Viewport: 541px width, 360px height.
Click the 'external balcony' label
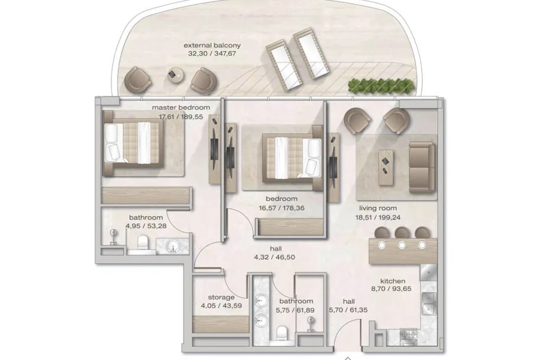[x=212, y=45]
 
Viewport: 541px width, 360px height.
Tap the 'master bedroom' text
[x=181, y=107]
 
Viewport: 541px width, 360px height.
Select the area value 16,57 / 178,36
[x=282, y=208]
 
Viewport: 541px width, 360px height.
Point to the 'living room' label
[x=378, y=208]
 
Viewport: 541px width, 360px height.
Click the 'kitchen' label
[x=393, y=281]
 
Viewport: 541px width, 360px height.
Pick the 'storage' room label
[x=221, y=297]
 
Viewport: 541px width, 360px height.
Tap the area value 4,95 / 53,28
[x=146, y=226]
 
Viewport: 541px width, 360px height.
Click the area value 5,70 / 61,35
[x=348, y=310]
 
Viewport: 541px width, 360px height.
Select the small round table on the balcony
[x=175, y=75]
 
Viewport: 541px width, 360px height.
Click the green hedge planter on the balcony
[x=382, y=86]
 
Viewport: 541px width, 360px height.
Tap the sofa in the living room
[x=422, y=167]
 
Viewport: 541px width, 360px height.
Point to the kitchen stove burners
[x=408, y=336]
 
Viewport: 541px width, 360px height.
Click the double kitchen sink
[x=429, y=303]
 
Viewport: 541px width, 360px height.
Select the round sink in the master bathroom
[x=172, y=246]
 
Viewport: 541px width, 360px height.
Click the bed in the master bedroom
[x=132, y=143]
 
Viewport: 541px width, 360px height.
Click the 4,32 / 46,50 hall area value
[x=275, y=257]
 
